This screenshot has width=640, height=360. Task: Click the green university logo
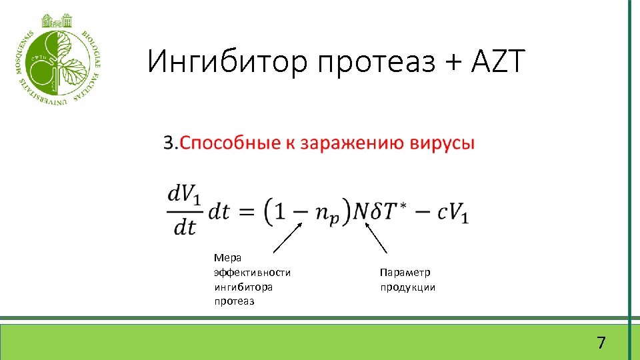[x=58, y=58]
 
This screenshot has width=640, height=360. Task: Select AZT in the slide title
[x=499, y=62]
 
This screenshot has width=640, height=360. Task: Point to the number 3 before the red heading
[x=169, y=143]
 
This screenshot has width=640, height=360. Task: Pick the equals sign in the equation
[x=246, y=212]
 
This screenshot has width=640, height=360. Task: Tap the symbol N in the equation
[x=360, y=212]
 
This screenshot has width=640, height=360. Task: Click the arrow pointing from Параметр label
[x=377, y=238]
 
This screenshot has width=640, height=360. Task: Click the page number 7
[x=601, y=343]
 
